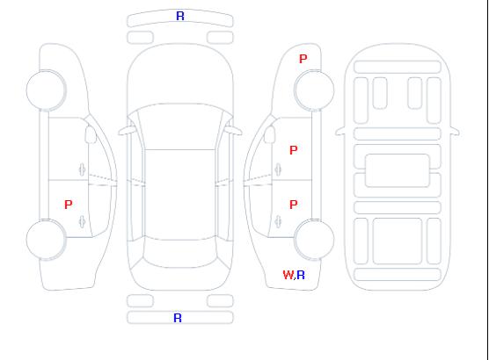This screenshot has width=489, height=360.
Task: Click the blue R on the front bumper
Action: point(180,16)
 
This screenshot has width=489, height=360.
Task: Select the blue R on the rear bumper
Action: point(178,318)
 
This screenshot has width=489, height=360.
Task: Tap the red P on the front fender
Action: point(303,59)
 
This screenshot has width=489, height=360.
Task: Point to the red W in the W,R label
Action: point(288,275)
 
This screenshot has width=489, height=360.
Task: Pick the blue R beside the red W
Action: point(301,275)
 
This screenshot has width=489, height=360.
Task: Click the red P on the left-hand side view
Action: point(69,205)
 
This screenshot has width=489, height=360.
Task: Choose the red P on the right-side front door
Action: point(294,150)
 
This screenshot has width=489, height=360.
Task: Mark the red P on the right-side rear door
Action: point(294,205)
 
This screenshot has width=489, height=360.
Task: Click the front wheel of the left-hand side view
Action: point(46,90)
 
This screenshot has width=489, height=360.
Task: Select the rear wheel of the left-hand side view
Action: point(46,240)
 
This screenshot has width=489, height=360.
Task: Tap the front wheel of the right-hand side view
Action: point(314,90)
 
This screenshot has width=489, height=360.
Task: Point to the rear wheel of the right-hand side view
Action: point(314,240)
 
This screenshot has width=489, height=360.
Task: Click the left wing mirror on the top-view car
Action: point(127,131)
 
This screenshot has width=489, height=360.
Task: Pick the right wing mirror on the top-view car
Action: point(234,131)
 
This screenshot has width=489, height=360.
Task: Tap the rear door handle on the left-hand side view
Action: point(82,221)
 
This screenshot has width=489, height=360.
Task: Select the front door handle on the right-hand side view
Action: point(278,169)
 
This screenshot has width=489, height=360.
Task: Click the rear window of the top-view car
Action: point(180,254)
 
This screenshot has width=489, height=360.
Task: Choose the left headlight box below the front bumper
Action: point(141,38)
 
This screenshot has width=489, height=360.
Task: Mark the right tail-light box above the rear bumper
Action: point(220,301)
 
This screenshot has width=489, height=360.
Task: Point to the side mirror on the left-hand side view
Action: point(91,134)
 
